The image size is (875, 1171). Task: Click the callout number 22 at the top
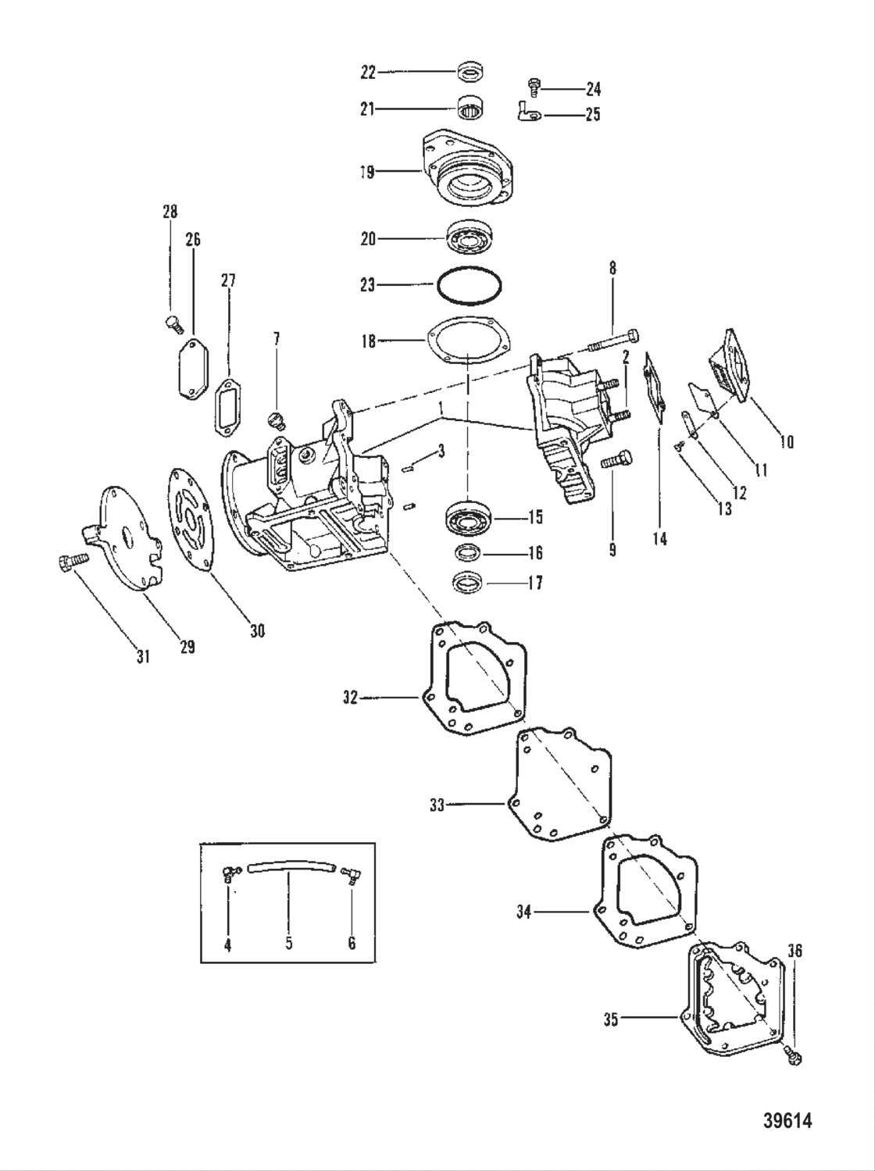pyautogui.click(x=368, y=73)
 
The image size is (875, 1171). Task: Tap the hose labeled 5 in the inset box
pyautogui.click(x=289, y=869)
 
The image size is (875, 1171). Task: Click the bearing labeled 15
pyautogui.click(x=467, y=519)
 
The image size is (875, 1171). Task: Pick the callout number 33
pyautogui.click(x=437, y=804)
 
